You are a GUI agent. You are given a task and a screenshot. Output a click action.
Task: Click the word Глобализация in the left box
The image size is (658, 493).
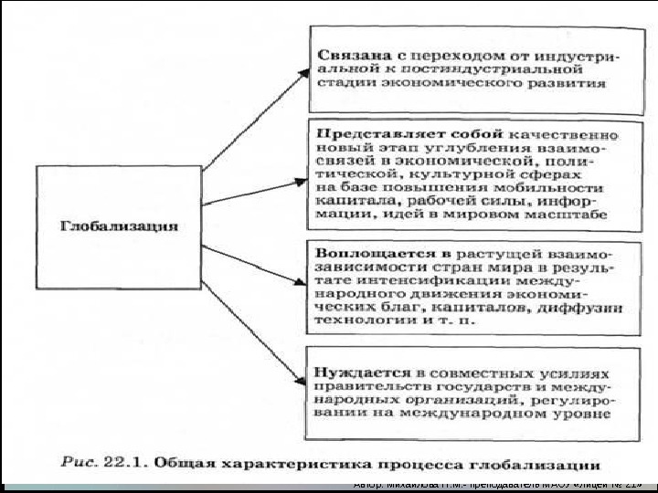pos(119,225)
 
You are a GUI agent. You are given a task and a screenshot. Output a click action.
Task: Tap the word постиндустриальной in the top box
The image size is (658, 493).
pos(475,68)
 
